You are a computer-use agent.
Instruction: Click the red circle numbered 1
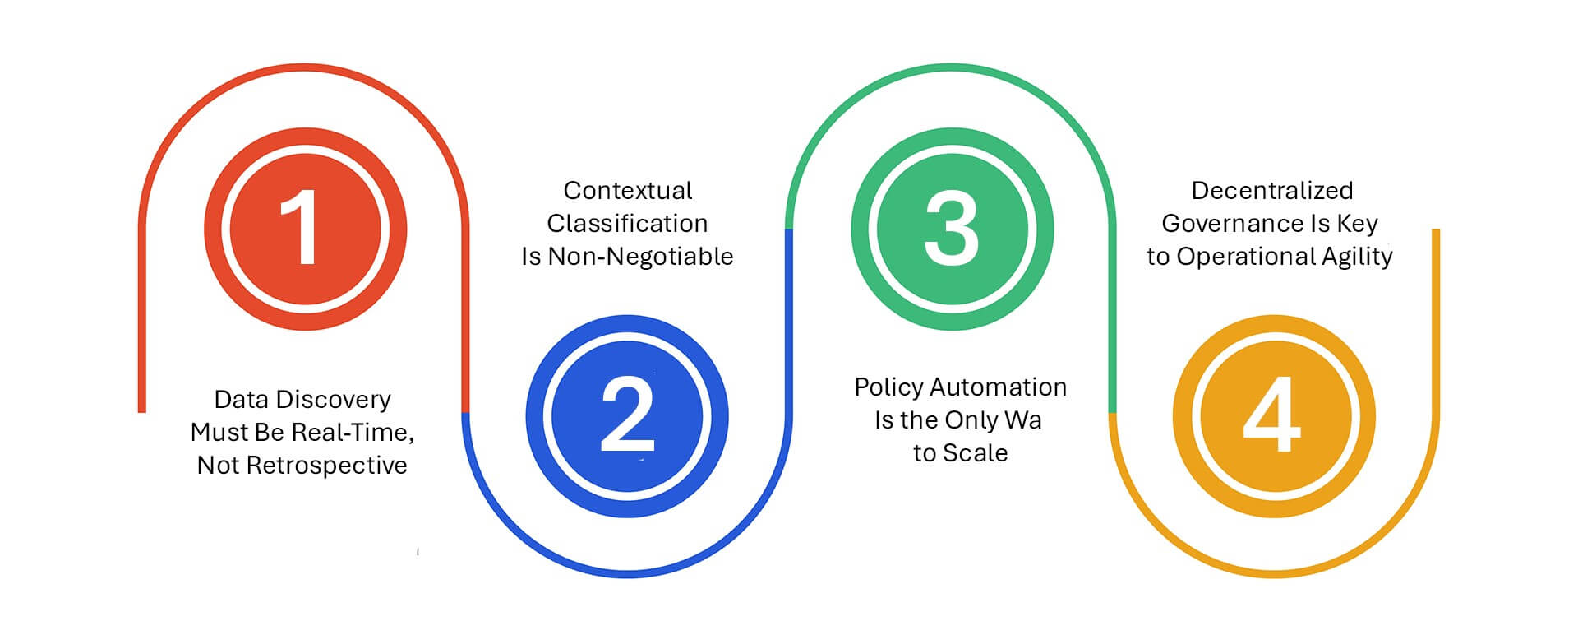click(x=305, y=229)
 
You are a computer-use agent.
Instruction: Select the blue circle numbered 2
click(x=627, y=416)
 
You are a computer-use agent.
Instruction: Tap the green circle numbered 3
click(x=952, y=229)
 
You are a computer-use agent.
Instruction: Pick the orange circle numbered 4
click(x=1274, y=416)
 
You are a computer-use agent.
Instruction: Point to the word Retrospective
click(x=326, y=466)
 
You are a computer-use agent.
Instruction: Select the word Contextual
click(x=628, y=191)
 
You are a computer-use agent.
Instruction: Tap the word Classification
click(x=627, y=224)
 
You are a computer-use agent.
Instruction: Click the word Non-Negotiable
click(x=640, y=257)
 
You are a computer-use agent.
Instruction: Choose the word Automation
click(x=999, y=387)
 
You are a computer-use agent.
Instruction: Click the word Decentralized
click(x=1272, y=191)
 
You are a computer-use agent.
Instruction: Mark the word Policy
click(x=888, y=388)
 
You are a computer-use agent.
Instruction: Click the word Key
click(x=1358, y=225)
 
